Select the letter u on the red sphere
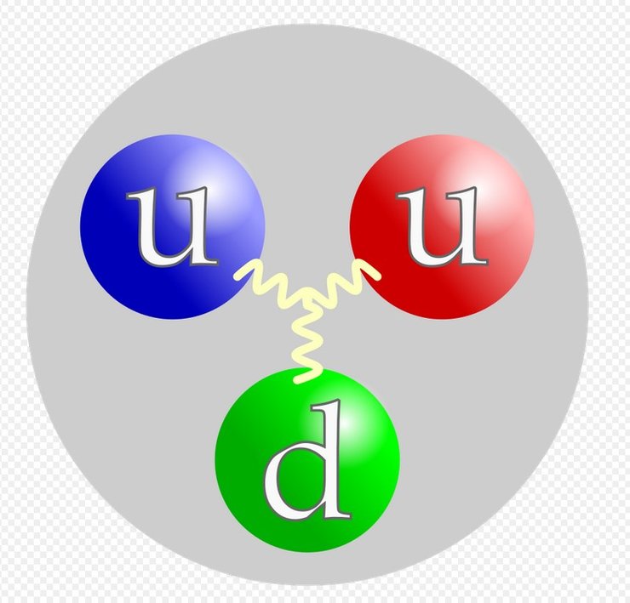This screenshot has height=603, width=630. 440,225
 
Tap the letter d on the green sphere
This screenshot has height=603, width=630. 306,462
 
